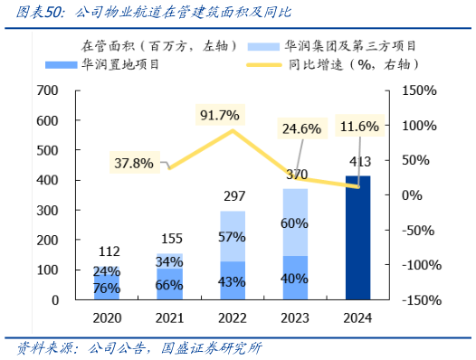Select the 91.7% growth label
[221, 115]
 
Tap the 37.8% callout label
[134, 163]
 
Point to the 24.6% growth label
[302, 128]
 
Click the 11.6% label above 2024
[359, 126]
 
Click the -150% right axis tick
[420, 299]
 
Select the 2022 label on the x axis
[233, 317]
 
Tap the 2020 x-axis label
[107, 317]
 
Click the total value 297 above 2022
[233, 197]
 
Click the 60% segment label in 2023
[295, 223]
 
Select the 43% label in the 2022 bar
[233, 281]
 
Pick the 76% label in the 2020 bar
[107, 289]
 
